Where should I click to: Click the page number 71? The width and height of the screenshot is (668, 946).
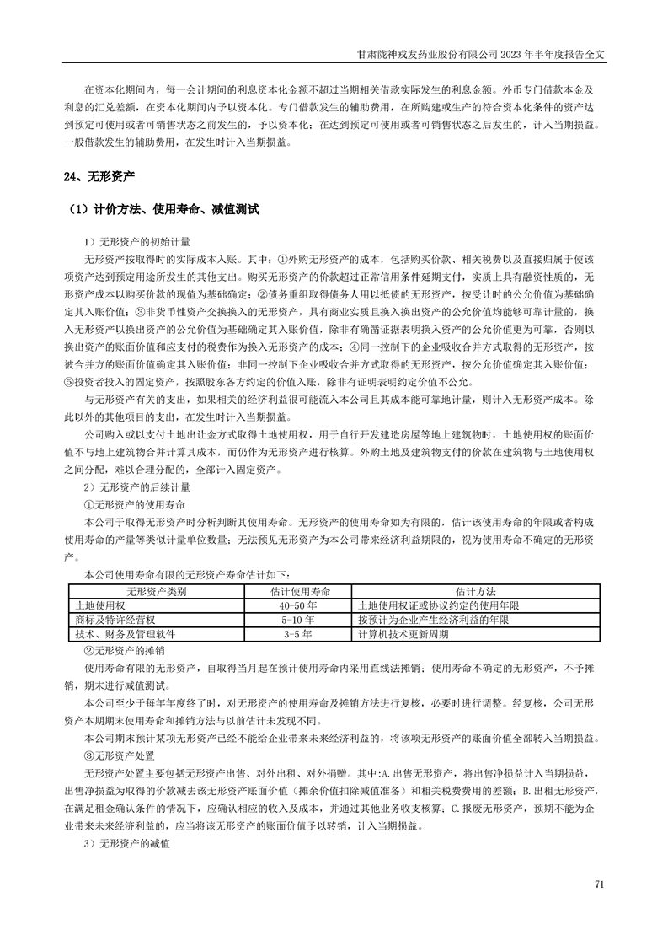coord(600,884)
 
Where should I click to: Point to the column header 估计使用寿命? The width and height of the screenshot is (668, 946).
coord(298,592)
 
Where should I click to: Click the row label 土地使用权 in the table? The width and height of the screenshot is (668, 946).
coord(100,606)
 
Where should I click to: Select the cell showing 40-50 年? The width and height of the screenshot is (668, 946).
coord(298,606)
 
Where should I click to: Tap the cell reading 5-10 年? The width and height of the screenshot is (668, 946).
coord(298,620)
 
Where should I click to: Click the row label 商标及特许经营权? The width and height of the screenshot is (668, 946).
coord(115,620)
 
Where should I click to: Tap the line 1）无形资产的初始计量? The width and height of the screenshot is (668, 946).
coord(136,240)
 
